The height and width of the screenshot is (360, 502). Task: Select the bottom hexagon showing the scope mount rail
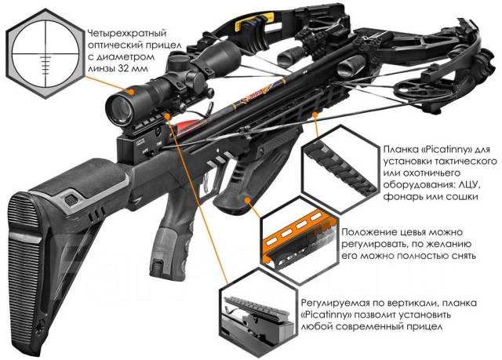coord(255,315)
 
